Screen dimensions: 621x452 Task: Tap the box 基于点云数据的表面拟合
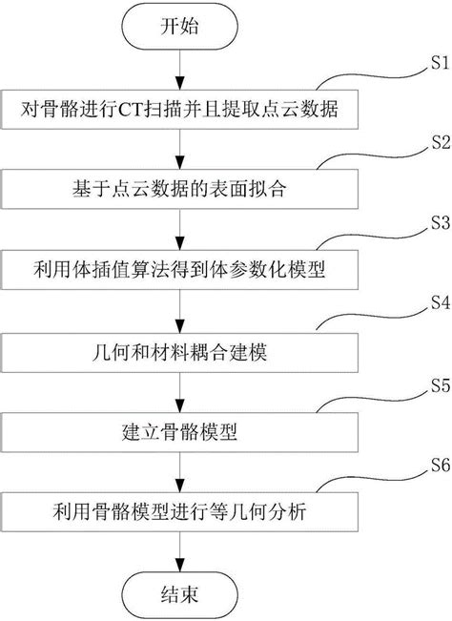[180, 188]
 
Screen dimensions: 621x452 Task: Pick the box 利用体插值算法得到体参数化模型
[180, 268]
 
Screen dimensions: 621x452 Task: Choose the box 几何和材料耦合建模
[180, 349]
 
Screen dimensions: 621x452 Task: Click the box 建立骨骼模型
[180, 430]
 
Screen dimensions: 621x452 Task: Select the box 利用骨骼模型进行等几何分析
[180, 510]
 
